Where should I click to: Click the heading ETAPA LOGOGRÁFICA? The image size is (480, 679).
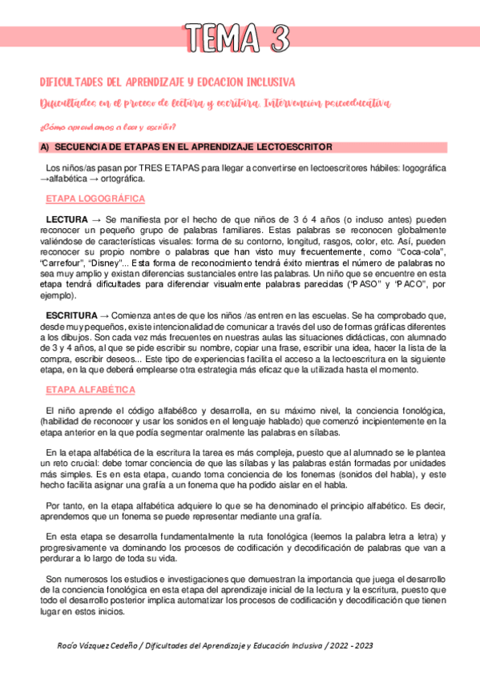coord(95,198)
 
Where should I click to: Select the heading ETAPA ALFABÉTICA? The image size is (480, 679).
coord(91,390)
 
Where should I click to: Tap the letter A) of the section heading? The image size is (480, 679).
coord(45,147)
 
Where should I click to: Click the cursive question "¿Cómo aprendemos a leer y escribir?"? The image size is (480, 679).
coord(108,127)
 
